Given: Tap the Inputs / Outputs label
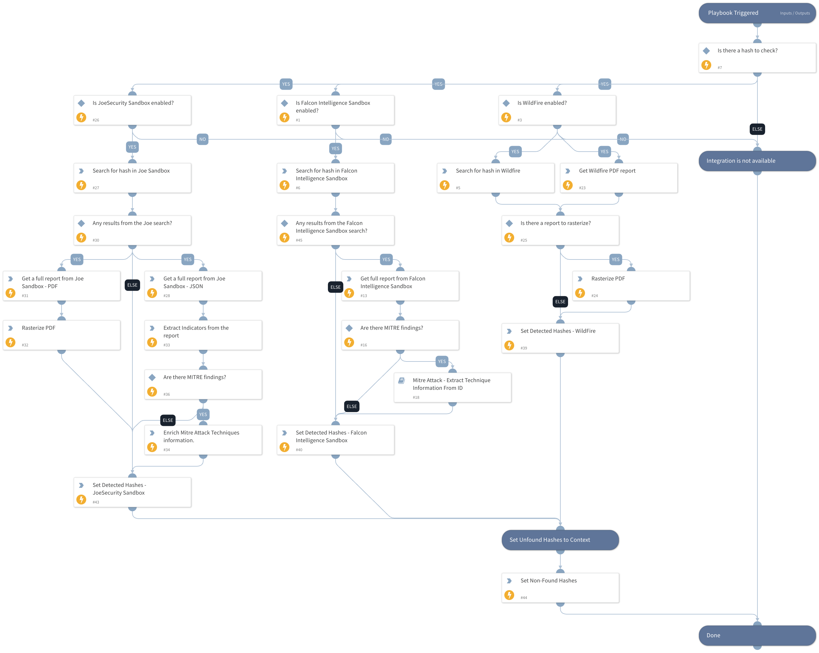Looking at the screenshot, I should (x=795, y=13).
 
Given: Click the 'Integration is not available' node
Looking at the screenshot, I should (x=757, y=161).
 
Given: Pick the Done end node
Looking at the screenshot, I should (x=757, y=635).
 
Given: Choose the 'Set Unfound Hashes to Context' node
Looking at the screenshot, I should (x=560, y=540).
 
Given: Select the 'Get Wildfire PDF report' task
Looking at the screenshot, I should (x=619, y=178).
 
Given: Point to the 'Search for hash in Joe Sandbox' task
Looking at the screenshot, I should (x=132, y=178).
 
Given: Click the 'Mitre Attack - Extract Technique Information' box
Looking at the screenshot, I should (x=452, y=387).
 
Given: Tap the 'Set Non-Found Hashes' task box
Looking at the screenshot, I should (x=560, y=588).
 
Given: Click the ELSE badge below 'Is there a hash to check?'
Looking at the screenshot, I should (x=757, y=129).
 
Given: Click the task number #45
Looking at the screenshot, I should (x=299, y=240).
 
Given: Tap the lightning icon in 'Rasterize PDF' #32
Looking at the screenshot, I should (x=11, y=342).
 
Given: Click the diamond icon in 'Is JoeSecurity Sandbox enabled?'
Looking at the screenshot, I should (x=81, y=103).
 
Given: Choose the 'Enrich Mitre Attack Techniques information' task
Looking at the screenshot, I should (x=203, y=440).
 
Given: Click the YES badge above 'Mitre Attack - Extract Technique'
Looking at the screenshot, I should (x=442, y=361).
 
